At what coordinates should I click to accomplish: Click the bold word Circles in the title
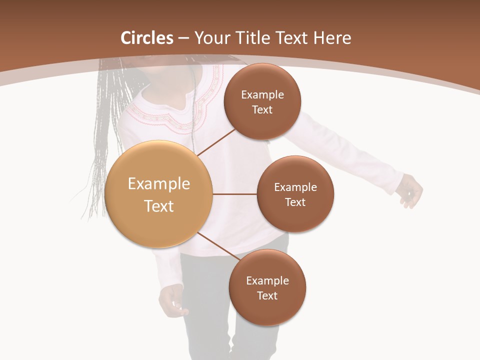147,38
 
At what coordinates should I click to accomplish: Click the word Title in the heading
252,38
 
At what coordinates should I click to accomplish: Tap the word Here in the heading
332,38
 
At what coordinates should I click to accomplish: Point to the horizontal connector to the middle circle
235,194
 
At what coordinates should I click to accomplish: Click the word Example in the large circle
159,183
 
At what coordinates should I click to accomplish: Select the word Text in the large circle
159,206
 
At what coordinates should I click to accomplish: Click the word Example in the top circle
262,94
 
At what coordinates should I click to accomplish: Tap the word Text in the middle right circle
295,202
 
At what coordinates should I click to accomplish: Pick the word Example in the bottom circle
267,280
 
